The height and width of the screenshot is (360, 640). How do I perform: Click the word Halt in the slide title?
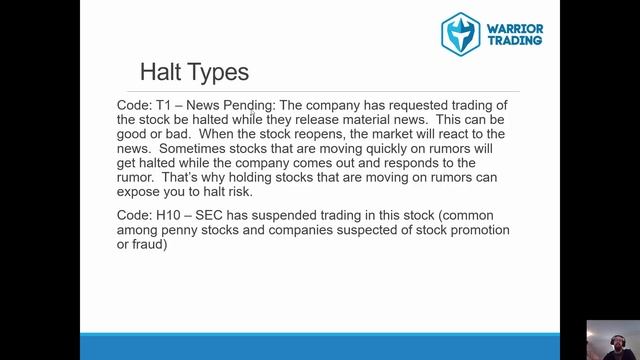click(x=160, y=72)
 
